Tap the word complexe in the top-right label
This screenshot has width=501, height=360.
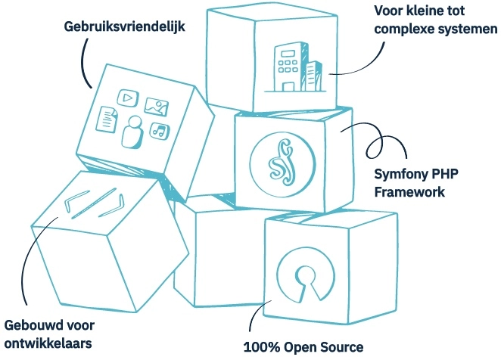[406, 30]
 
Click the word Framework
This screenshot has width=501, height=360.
[409, 192]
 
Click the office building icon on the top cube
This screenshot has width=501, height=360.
[290, 65]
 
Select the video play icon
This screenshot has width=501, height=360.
[127, 97]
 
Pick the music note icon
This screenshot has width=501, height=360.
[157, 131]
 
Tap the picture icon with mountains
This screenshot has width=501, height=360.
[156, 107]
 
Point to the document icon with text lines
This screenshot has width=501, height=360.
[109, 118]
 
